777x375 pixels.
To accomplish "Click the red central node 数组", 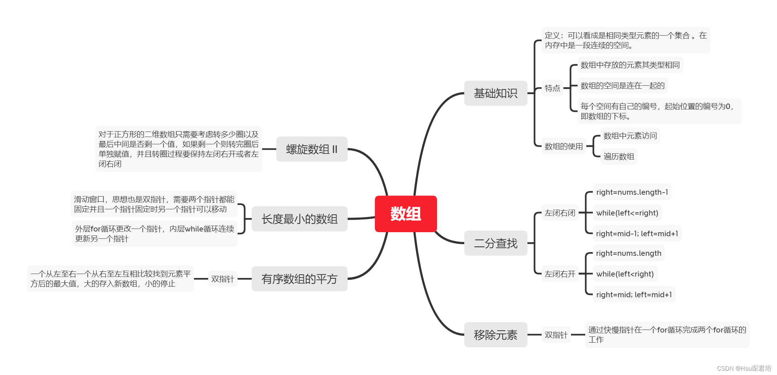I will (x=405, y=214).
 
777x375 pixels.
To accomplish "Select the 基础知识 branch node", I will (x=495, y=93).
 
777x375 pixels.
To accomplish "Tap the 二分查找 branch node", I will (x=495, y=243).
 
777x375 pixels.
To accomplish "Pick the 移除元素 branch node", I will (x=495, y=335).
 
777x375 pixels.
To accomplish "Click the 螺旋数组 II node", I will (x=312, y=149).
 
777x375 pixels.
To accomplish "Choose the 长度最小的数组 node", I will (x=299, y=219).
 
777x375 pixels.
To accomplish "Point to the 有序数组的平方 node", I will (x=299, y=279).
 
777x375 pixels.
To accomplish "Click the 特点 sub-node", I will (x=552, y=88).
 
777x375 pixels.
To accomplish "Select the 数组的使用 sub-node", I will (x=563, y=146).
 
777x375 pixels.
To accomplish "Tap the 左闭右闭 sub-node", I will (x=560, y=213).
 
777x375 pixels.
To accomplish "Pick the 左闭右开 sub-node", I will (x=560, y=274).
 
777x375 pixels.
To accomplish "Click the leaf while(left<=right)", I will (x=627, y=213).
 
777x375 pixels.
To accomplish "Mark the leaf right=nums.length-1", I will (x=632, y=192).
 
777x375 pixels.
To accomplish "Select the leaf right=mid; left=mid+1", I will (x=634, y=295).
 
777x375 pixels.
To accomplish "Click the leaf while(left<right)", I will (x=625, y=274).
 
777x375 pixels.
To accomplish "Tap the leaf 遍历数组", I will (x=619, y=157).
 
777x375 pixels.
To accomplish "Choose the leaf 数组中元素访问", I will (x=630, y=136).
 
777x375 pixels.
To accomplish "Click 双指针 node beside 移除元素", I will (x=556, y=335).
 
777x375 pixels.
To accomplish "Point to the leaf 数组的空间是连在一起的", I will (x=622, y=86).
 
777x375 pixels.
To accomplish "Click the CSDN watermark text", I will (x=744, y=368).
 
